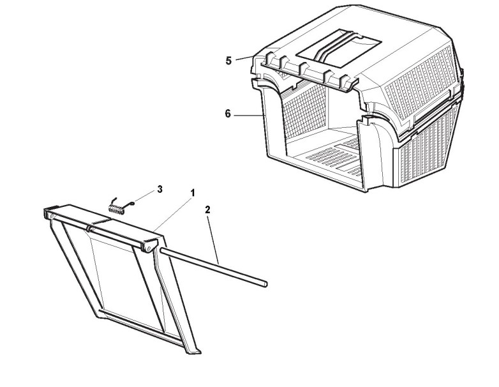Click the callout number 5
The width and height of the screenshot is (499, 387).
point(228,61)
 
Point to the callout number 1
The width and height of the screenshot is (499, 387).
point(192,192)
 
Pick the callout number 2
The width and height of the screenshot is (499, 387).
point(207,209)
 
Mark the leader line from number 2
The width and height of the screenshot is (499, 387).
point(212,236)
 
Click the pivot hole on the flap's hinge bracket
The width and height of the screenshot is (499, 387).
point(147,245)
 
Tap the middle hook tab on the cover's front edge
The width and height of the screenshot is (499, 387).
point(304,68)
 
